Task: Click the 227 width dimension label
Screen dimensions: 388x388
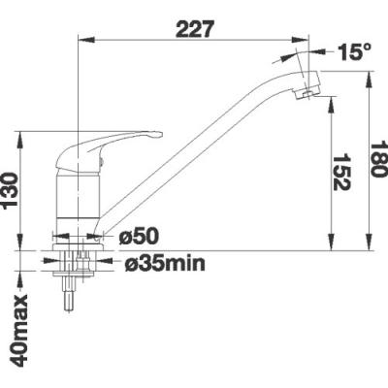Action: [x=195, y=29]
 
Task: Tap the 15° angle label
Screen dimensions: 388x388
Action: [x=354, y=51]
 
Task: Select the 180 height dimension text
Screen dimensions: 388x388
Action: [x=378, y=158]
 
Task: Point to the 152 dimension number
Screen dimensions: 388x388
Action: [x=341, y=172]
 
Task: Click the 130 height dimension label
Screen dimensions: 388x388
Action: [x=11, y=191]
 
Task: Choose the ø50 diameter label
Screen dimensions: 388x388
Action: [x=139, y=237]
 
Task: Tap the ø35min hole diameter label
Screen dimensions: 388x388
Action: [x=165, y=264]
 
